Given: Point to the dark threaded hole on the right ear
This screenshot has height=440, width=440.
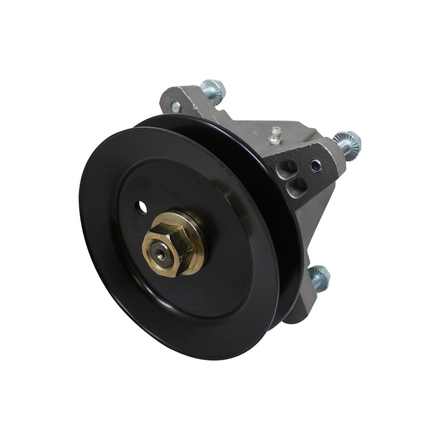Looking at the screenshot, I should (315, 165).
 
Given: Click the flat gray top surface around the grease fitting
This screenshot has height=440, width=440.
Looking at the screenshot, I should (290, 132).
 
